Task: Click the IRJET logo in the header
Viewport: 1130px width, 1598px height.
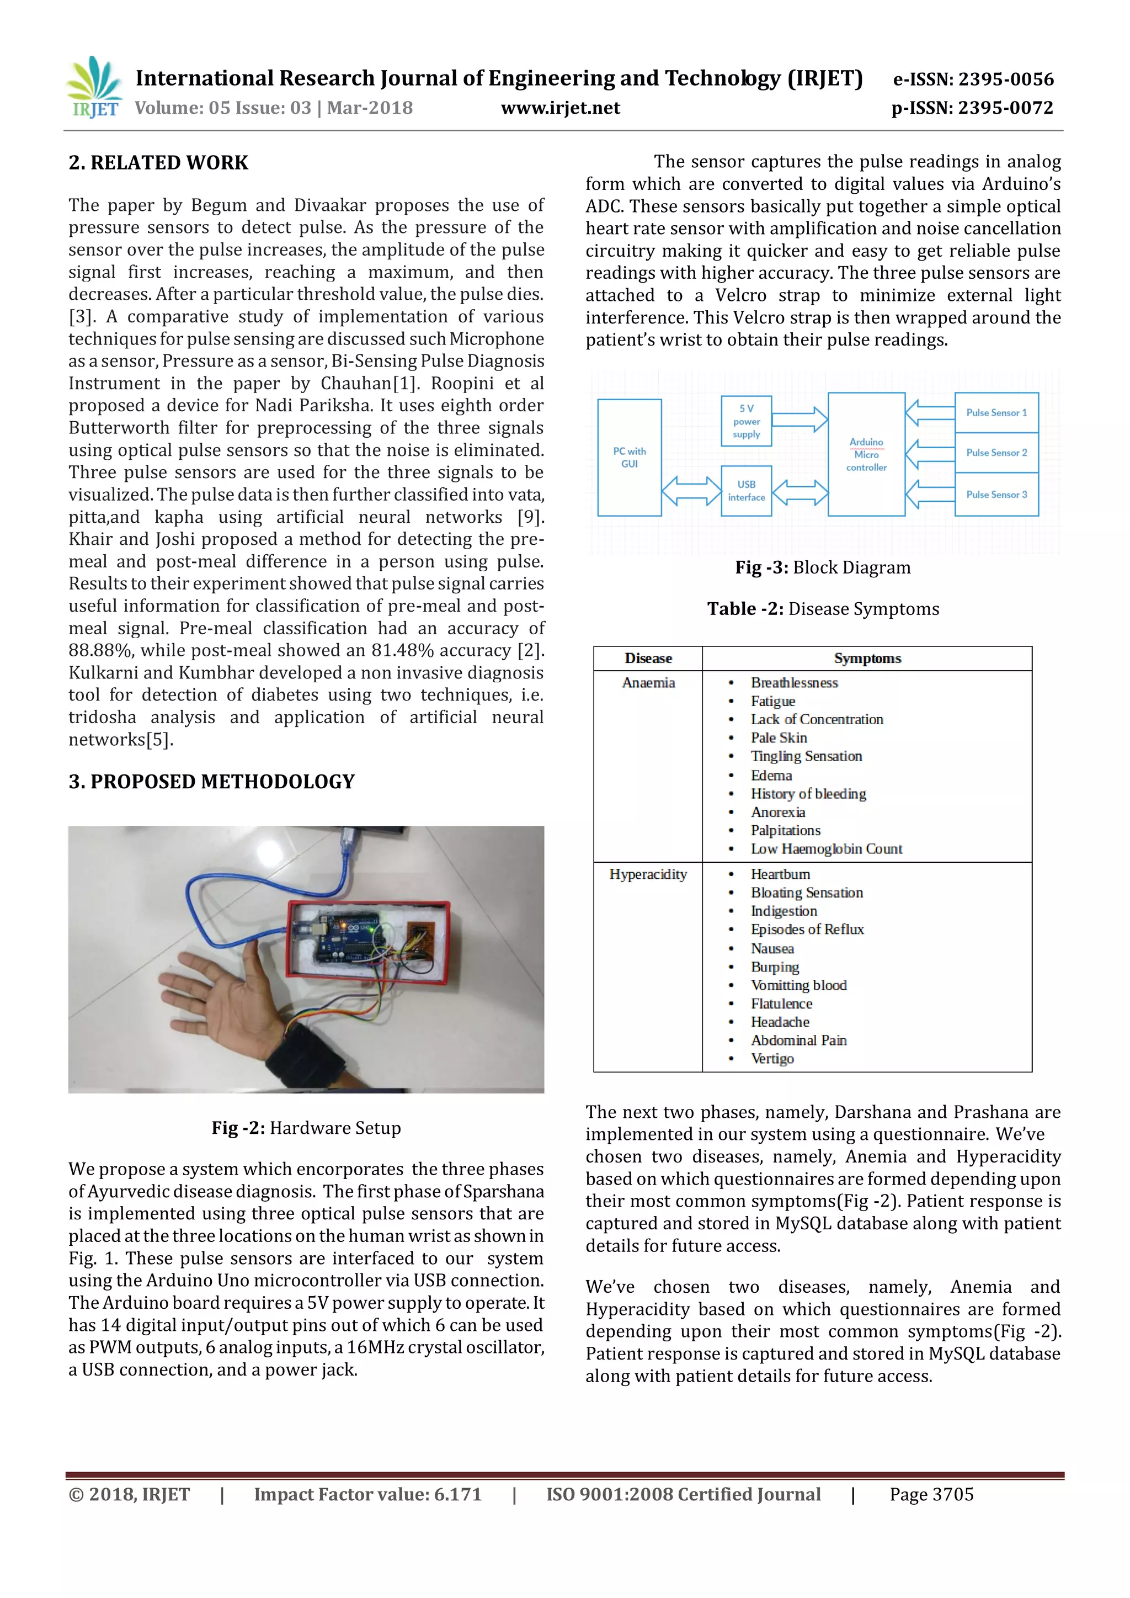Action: click(94, 88)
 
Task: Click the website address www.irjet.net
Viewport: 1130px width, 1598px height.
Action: click(560, 108)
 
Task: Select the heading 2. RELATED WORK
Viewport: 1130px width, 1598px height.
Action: click(159, 163)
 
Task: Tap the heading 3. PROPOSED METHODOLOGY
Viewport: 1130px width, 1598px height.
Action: click(211, 782)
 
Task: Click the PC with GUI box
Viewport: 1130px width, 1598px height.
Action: click(629, 457)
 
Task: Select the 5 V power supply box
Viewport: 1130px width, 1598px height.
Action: click(746, 421)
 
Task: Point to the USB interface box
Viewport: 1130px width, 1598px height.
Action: click(746, 491)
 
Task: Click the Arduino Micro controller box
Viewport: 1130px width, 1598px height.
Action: click(866, 454)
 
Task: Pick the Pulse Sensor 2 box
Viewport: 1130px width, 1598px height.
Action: click(996, 453)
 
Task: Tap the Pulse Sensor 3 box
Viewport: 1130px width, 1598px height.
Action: click(996, 494)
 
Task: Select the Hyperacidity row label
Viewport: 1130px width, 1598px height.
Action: click(648, 874)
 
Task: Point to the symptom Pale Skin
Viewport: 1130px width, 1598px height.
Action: click(779, 738)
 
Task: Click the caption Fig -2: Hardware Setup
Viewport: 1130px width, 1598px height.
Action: click(306, 1128)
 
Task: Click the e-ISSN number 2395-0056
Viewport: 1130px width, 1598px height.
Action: click(1005, 79)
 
